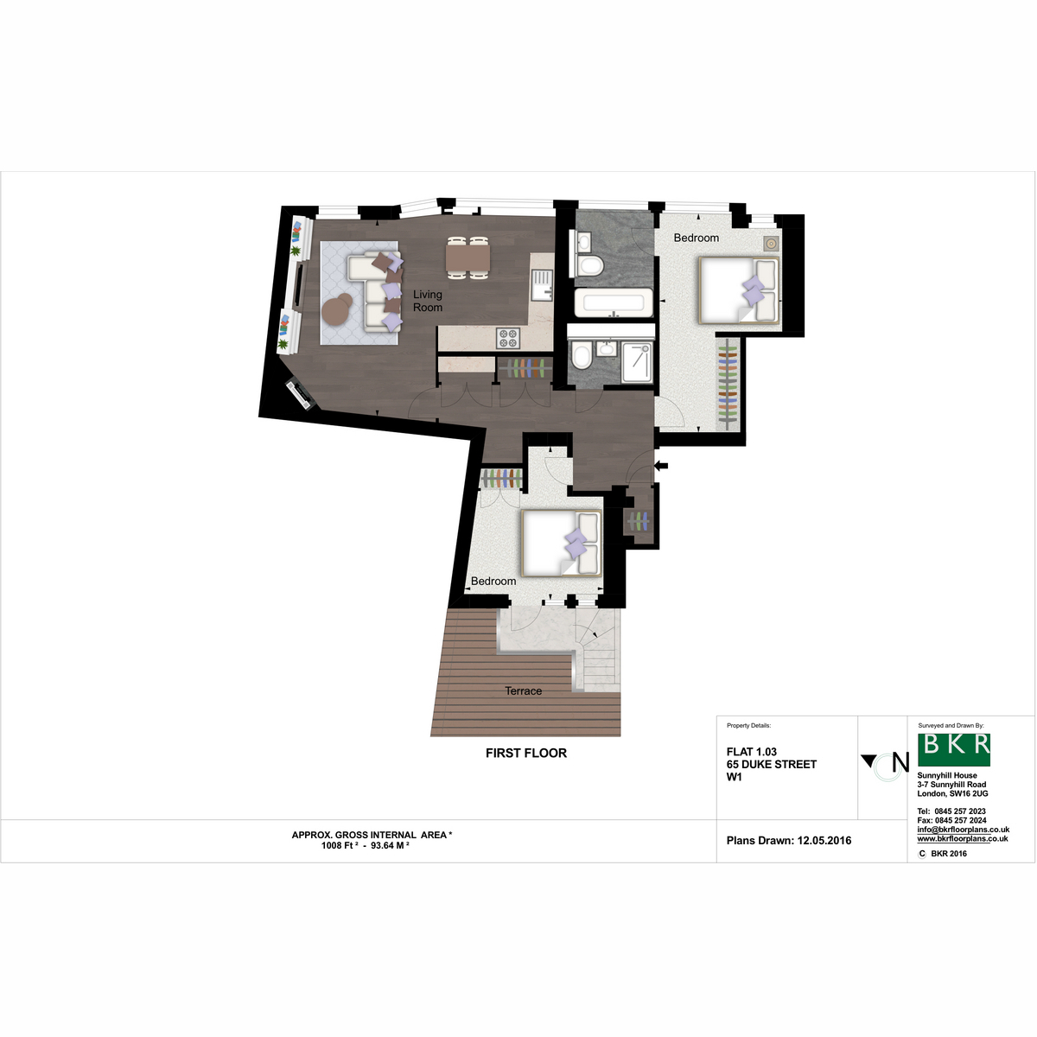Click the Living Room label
427,301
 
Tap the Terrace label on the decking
523,691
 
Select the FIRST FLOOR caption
525,754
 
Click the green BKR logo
953,749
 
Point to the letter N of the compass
900,762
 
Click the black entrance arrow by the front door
661,466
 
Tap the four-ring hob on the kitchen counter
508,338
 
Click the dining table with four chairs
468,258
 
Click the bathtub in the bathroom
614,302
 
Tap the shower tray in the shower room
637,363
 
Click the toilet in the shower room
582,355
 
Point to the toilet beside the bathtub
590,265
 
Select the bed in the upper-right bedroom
738,290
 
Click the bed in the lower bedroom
562,543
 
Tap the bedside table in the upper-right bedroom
771,244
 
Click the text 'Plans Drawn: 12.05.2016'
789,841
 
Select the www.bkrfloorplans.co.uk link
963,839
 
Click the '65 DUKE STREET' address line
772,764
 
